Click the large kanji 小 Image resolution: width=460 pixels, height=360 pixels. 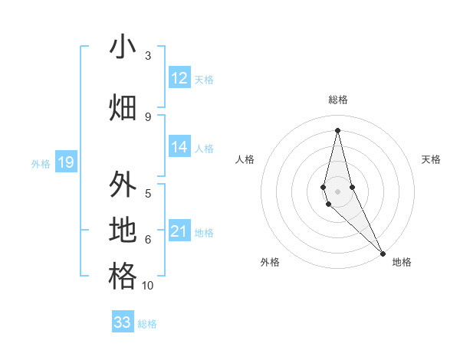[x=122, y=48]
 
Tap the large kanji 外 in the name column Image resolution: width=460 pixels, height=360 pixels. [x=122, y=186]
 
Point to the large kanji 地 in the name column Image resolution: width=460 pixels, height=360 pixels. [x=122, y=231]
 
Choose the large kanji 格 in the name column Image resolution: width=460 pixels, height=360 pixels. [x=122, y=277]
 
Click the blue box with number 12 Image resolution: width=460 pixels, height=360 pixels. [x=179, y=78]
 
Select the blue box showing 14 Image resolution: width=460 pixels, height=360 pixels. [x=179, y=147]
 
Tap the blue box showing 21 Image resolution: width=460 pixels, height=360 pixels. [x=179, y=231]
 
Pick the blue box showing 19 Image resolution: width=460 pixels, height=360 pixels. [x=65, y=162]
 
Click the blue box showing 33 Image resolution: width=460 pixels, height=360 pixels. [x=123, y=322]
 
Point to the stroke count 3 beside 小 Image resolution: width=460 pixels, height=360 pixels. [x=148, y=56]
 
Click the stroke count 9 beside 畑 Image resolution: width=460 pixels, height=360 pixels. [x=148, y=116]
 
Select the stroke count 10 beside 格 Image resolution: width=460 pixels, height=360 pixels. [x=148, y=286]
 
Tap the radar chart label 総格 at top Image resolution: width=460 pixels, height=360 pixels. [x=337, y=100]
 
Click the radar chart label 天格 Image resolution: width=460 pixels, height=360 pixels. [x=431, y=159]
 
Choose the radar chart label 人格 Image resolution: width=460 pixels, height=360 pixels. [x=245, y=159]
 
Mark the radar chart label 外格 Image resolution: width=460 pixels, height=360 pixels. [x=270, y=262]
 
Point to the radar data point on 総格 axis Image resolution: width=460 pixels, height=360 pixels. [x=337, y=129]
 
